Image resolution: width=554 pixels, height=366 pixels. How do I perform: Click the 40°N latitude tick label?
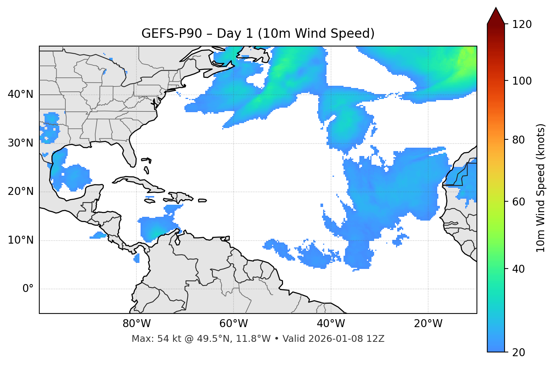coord(20,94)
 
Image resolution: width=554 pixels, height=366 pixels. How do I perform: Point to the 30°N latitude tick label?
coord(20,143)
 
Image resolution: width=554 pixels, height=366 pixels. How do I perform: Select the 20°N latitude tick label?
coord(20,191)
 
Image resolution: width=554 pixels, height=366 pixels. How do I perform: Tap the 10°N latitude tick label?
coord(20,240)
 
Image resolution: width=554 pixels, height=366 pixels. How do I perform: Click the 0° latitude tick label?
coord(28,289)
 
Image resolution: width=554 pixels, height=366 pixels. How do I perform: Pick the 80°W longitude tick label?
coord(136,324)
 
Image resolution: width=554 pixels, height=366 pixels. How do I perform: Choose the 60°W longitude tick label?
coord(234,324)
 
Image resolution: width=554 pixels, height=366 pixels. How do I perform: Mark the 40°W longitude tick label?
coord(331,324)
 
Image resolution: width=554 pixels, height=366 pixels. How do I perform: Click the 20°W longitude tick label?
coord(428,324)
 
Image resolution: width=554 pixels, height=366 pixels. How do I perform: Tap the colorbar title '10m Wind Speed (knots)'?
coord(541,188)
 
